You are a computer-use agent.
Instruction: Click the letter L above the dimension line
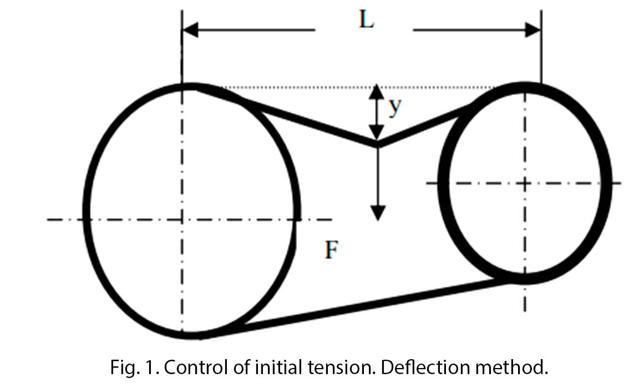tap(366, 21)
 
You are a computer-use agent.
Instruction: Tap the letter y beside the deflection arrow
tap(394, 108)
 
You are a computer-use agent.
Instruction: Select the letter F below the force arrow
tap(331, 251)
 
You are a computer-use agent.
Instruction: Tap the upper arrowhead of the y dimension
tap(377, 90)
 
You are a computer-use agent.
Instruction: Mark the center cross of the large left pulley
tap(182, 220)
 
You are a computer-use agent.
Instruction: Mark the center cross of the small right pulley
tap(525, 183)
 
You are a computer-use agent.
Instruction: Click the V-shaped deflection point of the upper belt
tap(378, 145)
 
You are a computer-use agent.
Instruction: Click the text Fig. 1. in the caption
tap(126, 367)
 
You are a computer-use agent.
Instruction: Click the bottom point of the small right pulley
tap(525, 279)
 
